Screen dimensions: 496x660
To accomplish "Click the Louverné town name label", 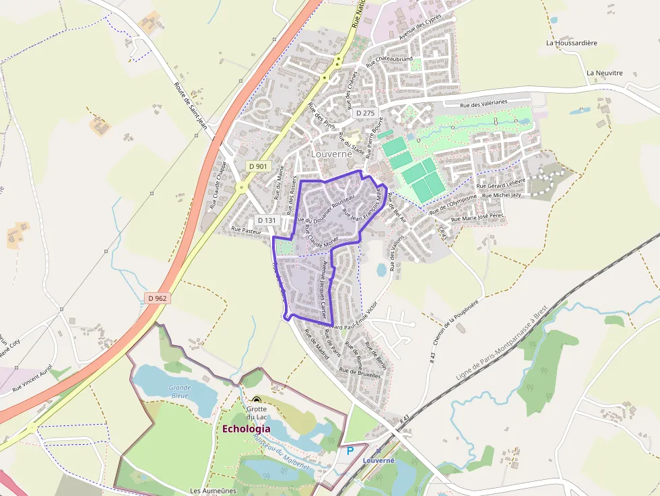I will point(331,153).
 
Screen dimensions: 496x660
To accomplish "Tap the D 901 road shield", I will point(258,166).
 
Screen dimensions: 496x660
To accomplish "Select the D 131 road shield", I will point(267,220).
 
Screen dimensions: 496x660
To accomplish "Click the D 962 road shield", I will point(156,297).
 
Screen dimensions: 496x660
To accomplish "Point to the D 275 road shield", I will point(364,113).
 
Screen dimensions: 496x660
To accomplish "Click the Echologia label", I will point(246,429).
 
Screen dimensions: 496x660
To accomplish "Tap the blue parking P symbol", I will point(350,451).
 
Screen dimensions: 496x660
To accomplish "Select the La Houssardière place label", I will point(571,43).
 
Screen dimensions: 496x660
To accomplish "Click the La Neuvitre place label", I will point(604,73).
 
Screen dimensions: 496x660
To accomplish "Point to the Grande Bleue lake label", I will point(179,392).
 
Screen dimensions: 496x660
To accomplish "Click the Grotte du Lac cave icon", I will point(256,400).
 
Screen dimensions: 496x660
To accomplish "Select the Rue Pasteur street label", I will point(246,229).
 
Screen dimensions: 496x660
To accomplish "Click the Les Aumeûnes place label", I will point(213,491).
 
